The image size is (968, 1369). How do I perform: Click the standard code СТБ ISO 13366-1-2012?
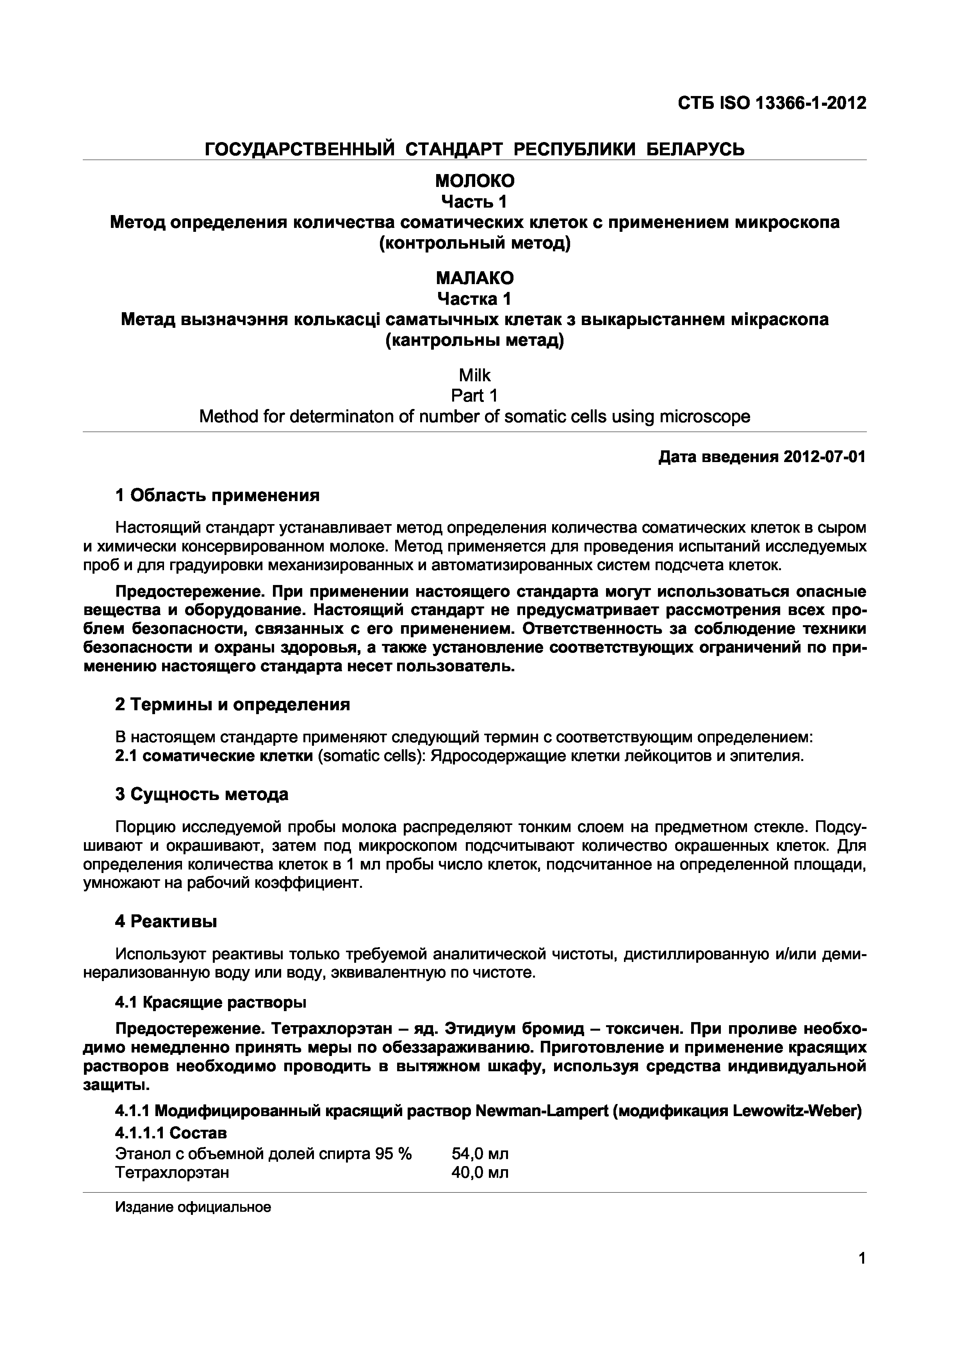click(771, 104)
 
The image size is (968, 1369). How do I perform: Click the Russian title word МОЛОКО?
click(475, 181)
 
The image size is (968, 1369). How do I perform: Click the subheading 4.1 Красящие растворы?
click(210, 1003)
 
